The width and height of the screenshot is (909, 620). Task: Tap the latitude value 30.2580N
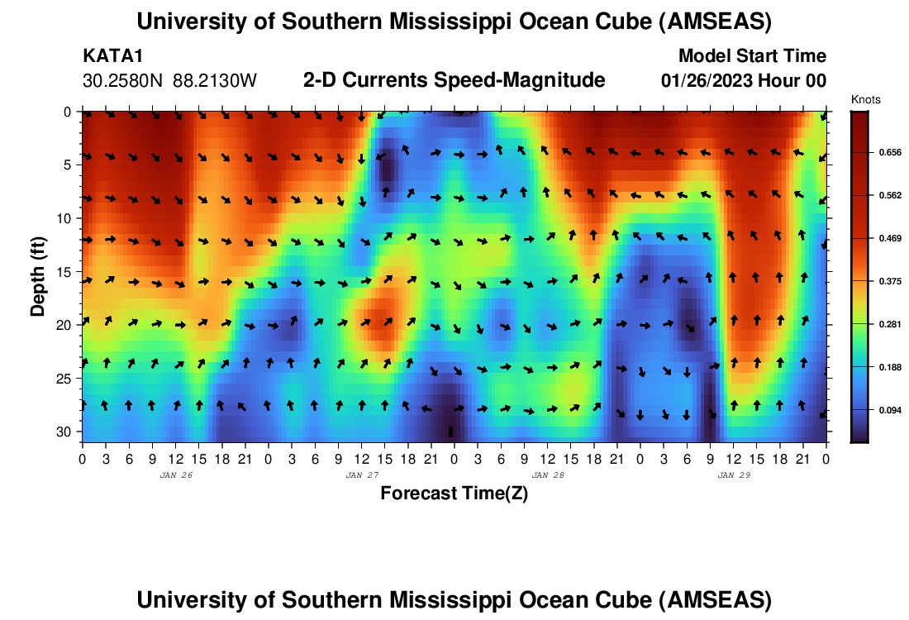pyautogui.click(x=123, y=81)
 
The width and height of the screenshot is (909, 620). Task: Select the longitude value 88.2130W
pyautogui.click(x=215, y=81)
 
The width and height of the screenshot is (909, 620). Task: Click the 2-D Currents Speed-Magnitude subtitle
pyautogui.click(x=454, y=80)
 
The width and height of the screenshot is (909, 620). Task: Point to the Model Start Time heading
pyautogui.click(x=751, y=56)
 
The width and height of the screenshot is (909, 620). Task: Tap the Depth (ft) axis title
pyautogui.click(x=37, y=272)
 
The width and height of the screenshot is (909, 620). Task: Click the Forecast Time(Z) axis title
pyautogui.click(x=454, y=494)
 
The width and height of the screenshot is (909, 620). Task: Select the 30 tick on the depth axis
pyautogui.click(x=67, y=432)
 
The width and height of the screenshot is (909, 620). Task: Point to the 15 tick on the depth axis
pyautogui.click(x=67, y=272)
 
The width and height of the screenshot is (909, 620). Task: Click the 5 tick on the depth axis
pyautogui.click(x=70, y=165)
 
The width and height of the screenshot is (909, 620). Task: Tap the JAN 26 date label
pyautogui.click(x=175, y=475)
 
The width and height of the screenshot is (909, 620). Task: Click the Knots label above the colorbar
pyautogui.click(x=865, y=100)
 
